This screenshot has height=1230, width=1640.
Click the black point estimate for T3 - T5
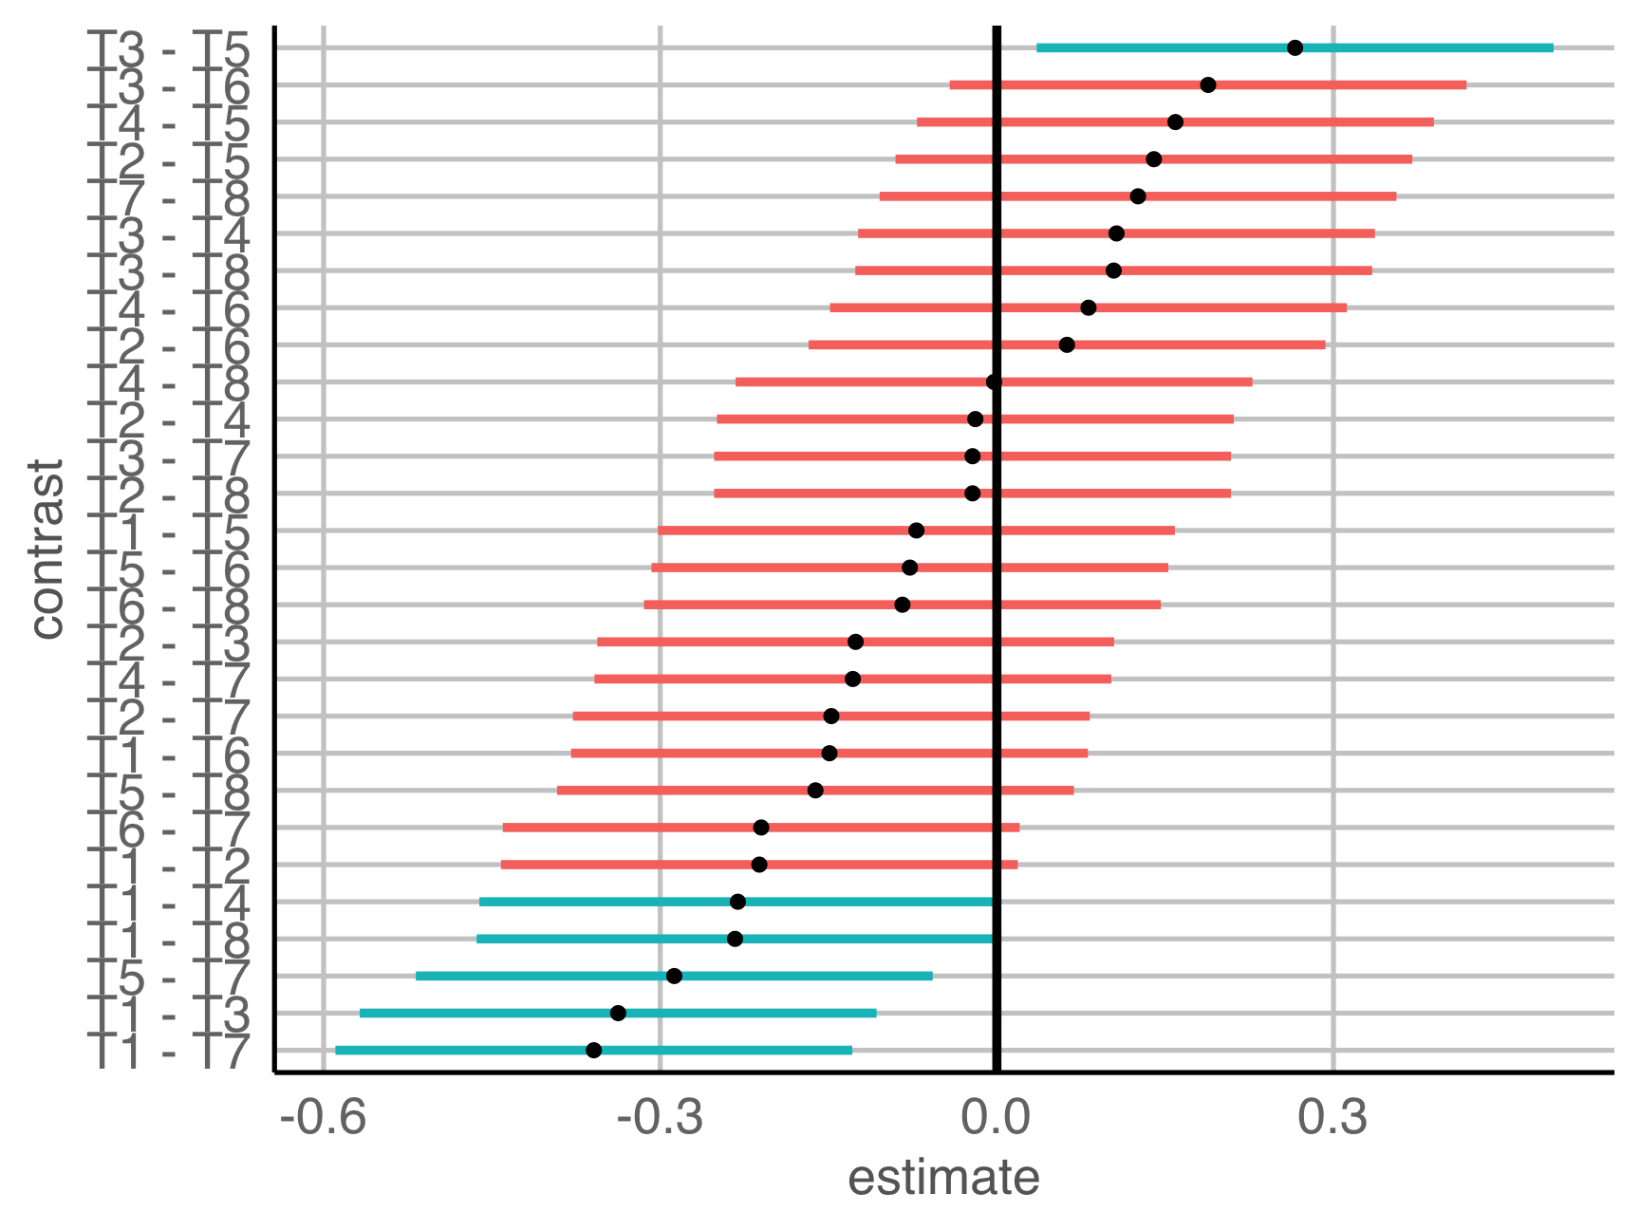click(1295, 47)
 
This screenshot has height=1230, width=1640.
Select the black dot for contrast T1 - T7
click(594, 1050)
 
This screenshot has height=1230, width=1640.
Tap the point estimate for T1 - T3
click(618, 1013)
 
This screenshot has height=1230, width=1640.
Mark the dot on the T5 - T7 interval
click(674, 976)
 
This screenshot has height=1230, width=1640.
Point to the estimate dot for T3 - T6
click(1208, 84)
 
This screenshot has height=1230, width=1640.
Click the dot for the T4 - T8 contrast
click(994, 382)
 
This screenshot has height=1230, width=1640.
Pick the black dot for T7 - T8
click(1138, 196)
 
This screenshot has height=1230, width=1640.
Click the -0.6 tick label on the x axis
click(324, 1117)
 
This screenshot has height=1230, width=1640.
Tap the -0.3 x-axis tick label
click(661, 1117)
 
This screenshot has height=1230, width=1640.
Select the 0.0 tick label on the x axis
click(997, 1117)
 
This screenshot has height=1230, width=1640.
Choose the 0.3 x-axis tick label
click(1332, 1117)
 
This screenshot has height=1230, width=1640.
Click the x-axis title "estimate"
click(943, 1178)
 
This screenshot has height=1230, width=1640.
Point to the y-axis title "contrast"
click(46, 549)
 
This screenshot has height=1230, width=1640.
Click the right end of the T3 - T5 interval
click(1553, 47)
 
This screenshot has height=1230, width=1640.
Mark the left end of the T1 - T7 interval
click(336, 1050)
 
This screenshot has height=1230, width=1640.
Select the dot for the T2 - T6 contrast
click(1067, 345)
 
